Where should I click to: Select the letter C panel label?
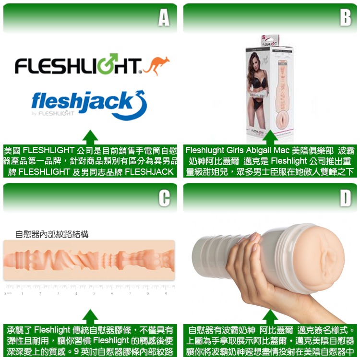coord(164,198)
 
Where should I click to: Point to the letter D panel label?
coord(345,198)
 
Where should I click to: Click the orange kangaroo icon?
coord(156,65)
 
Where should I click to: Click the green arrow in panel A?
coord(90,136)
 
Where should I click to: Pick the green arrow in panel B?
coord(270,136)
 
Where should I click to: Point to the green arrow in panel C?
coord(90,316)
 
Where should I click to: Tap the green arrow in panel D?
coord(270,316)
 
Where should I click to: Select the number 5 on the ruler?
coord(94,293)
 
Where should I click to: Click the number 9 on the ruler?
coord(166,293)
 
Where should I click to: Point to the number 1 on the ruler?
coord(22,293)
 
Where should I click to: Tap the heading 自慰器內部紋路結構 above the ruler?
coord(52,234)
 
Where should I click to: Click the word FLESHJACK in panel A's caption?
coord(149,172)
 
